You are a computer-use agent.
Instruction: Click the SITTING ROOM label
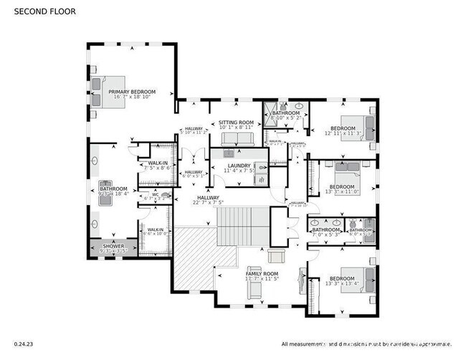point(237,123)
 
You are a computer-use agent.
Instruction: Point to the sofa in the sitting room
point(237,139)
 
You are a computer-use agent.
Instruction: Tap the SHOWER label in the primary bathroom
point(113,246)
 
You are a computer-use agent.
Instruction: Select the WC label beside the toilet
point(155,194)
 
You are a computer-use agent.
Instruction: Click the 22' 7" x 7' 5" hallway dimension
point(209,203)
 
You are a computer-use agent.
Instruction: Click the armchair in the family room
point(276,257)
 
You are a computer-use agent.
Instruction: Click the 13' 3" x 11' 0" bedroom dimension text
point(341,191)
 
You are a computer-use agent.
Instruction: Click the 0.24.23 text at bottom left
point(23,344)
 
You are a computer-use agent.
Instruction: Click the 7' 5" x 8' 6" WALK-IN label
point(158,167)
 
